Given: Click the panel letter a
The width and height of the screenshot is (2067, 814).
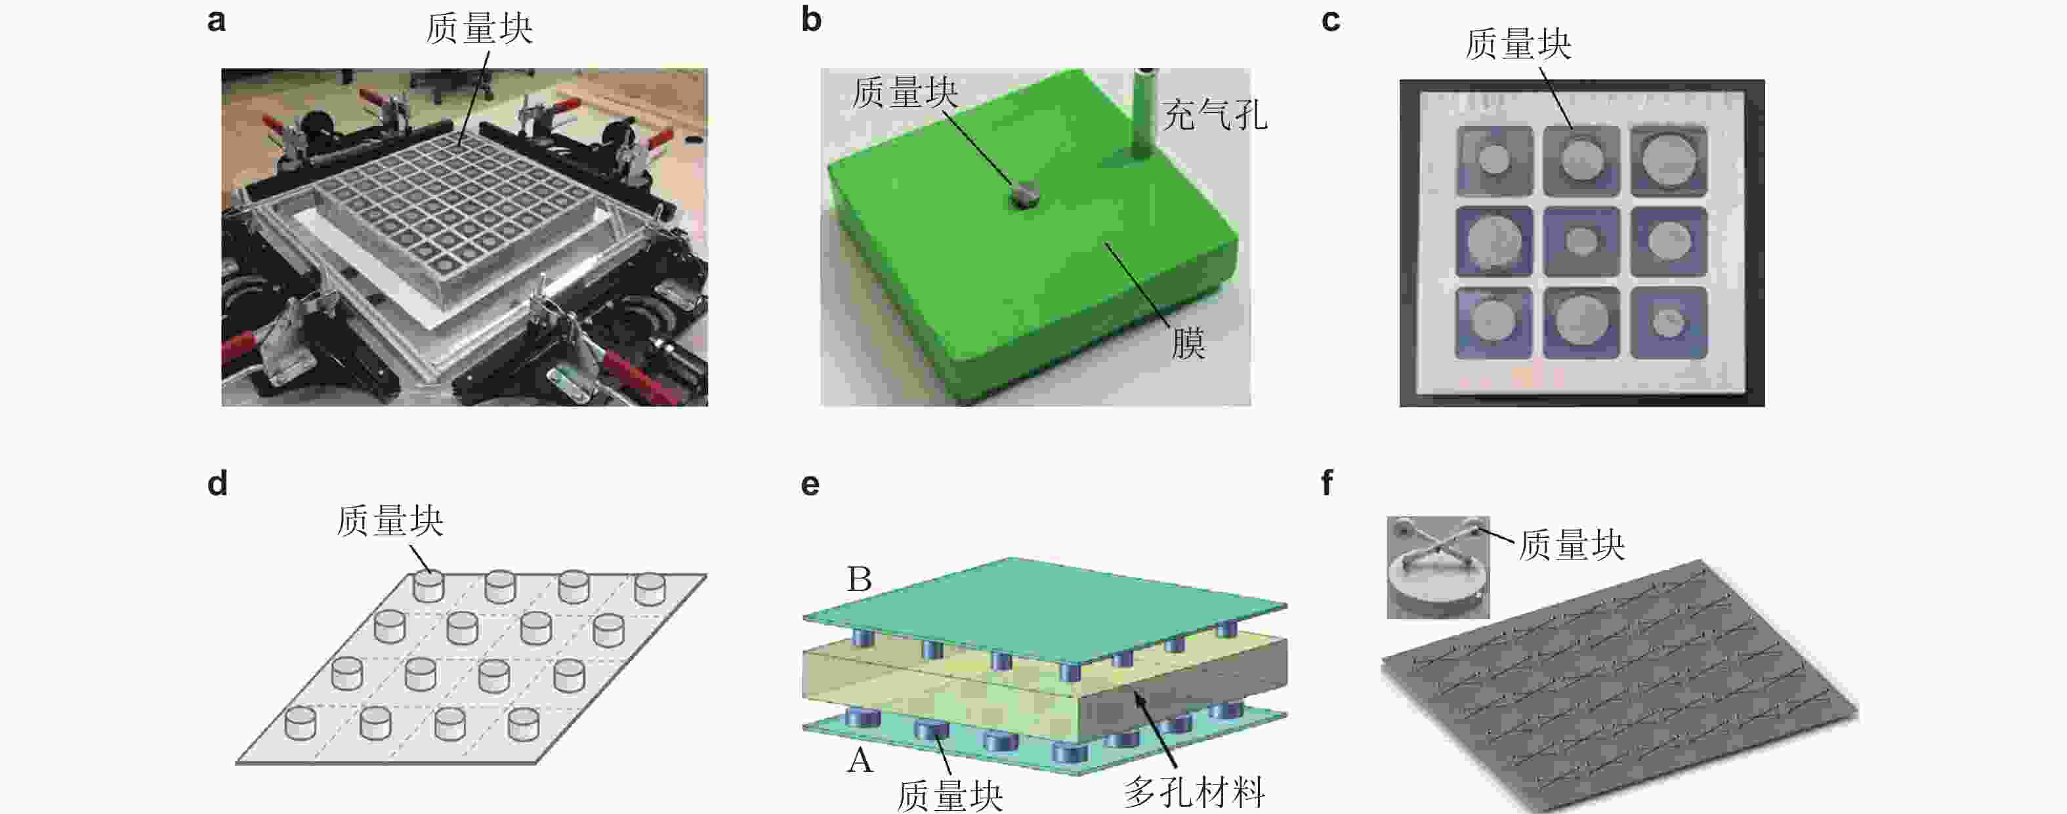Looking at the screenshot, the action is [x=216, y=21].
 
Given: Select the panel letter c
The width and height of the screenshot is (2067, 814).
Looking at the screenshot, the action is [x=1330, y=21].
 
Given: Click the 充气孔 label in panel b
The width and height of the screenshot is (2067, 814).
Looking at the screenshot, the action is [x=1215, y=115].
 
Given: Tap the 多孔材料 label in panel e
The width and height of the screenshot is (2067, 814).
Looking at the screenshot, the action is [x=1194, y=792].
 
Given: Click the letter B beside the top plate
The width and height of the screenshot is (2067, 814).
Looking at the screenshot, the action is [x=860, y=579].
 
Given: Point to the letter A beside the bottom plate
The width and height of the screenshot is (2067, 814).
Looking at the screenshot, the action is [x=860, y=759].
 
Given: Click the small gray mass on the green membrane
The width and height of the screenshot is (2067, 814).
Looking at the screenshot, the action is [x=1025, y=195].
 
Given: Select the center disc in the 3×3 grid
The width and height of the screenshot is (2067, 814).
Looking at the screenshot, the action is [x=1581, y=241].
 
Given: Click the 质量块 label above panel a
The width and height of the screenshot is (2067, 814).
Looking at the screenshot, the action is [x=479, y=29].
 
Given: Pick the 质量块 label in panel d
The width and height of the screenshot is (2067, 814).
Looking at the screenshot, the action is [x=390, y=521].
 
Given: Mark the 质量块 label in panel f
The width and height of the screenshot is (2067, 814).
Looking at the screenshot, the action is [x=1571, y=545].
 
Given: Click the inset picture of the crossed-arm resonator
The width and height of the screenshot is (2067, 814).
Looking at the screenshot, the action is [x=1438, y=567].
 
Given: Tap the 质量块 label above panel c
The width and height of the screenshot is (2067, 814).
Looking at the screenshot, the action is [x=1518, y=44].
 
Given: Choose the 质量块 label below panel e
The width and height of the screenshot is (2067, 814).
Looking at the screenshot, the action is [x=950, y=796].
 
